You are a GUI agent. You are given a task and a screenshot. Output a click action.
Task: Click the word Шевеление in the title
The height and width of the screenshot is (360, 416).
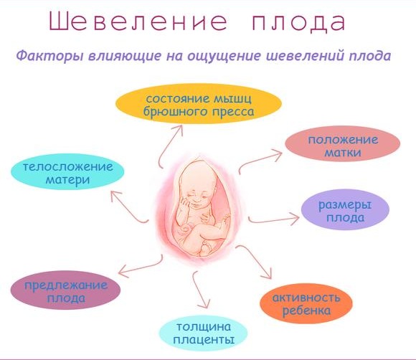coord(138,22)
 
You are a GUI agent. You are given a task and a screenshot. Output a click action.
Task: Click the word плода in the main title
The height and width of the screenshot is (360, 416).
coord(299,22)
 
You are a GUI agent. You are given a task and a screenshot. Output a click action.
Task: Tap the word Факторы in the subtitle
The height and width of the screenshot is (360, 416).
coord(49,56)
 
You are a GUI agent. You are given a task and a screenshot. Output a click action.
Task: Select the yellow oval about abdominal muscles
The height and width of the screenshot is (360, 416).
coord(198,104)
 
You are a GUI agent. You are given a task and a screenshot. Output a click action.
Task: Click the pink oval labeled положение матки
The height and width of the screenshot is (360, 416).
coord(343,143)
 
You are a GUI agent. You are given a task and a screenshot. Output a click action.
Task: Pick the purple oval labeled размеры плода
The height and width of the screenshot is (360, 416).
coord(345,209)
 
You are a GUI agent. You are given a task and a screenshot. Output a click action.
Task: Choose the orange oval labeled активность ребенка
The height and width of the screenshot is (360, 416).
coord(306,303)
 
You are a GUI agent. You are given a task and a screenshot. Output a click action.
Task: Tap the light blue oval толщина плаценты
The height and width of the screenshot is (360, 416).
coord(203,333)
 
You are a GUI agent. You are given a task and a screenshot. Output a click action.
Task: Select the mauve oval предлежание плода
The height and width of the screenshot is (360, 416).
coord(65,290)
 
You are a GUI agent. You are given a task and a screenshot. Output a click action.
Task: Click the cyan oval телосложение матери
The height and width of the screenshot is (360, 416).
coord(67,171)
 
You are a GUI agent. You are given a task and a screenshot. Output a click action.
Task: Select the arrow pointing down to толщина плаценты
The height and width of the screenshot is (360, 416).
coord(198,290)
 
